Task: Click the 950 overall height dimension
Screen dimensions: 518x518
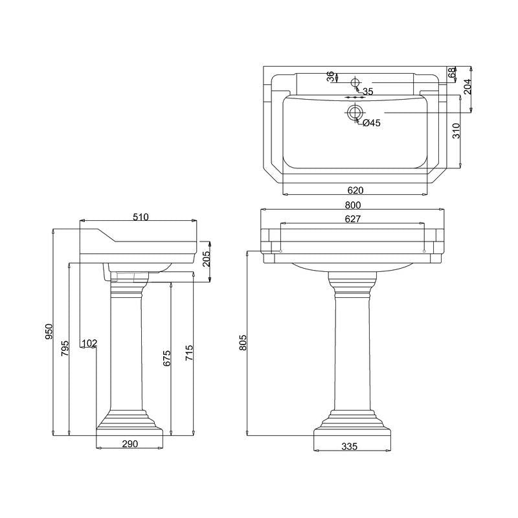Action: (x=49, y=332)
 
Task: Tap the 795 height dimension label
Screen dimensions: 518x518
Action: (x=65, y=348)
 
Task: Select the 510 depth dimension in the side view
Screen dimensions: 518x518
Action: (x=141, y=217)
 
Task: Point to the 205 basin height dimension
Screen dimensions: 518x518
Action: (x=206, y=260)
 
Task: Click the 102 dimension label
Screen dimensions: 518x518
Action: (x=89, y=343)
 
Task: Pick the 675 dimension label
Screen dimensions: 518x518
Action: (x=166, y=358)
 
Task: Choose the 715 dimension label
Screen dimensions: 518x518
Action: (x=188, y=352)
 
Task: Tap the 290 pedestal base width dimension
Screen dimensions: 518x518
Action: (x=130, y=444)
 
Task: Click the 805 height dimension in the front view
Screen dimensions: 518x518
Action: (x=243, y=343)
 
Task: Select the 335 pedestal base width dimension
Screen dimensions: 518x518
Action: (x=350, y=447)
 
